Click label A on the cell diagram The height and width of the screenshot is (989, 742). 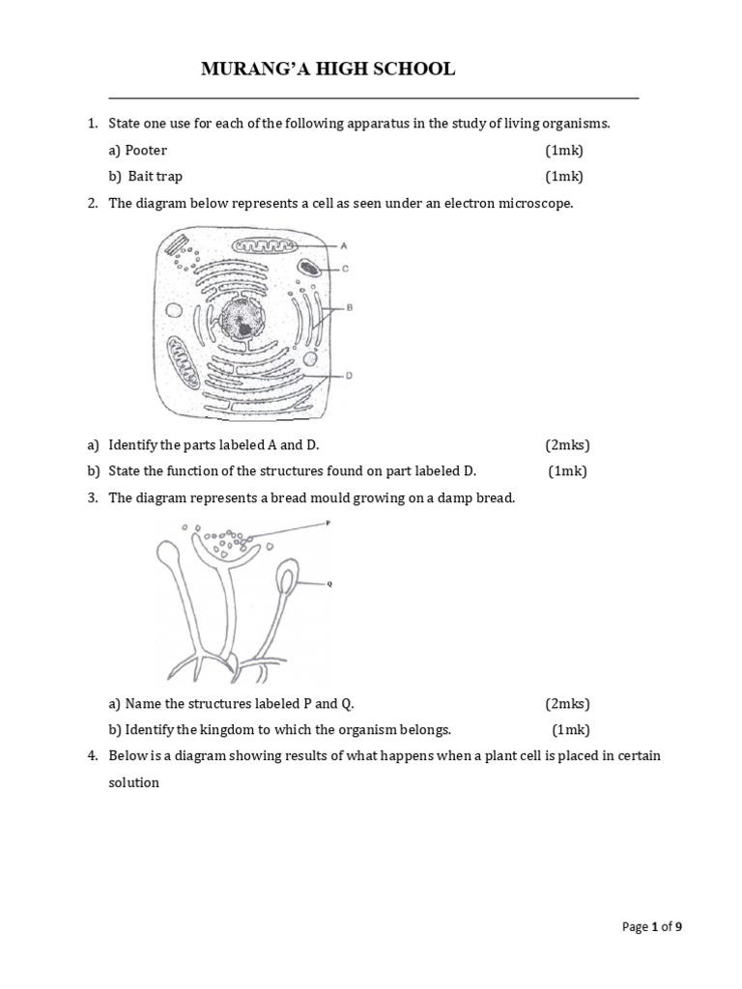click(x=344, y=245)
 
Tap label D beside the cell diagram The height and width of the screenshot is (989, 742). click(x=347, y=376)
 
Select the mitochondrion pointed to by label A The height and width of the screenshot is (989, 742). click(x=259, y=249)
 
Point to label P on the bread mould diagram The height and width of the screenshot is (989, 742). click(x=328, y=522)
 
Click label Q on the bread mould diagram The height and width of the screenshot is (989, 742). click(x=329, y=584)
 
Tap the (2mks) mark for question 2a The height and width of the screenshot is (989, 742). click(x=567, y=445)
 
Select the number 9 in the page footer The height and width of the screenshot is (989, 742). click(x=678, y=927)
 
